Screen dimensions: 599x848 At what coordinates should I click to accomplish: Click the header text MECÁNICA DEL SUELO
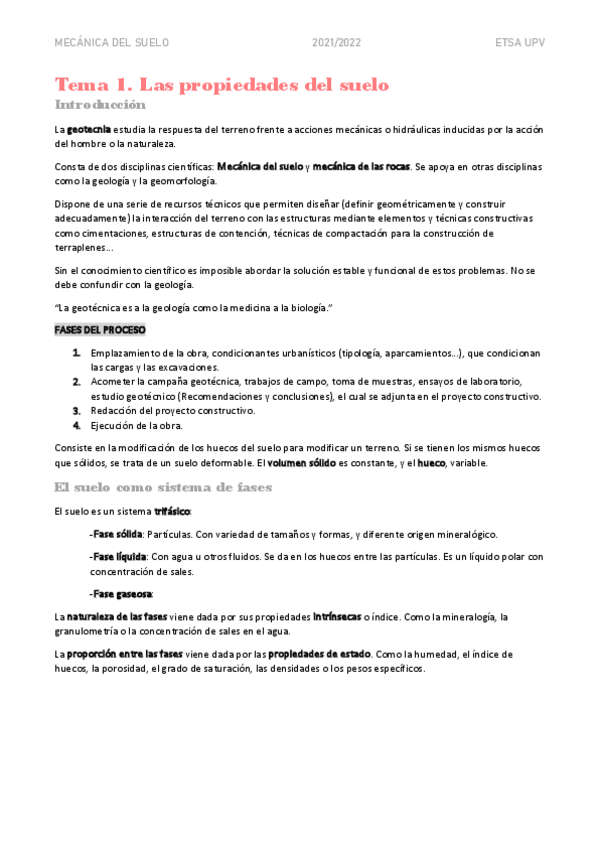point(111,43)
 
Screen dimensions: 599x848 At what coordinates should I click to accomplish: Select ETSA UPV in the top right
point(520,43)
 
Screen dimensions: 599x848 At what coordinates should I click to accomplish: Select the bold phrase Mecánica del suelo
point(260,165)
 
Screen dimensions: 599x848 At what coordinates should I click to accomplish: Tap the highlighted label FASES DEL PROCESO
point(100,330)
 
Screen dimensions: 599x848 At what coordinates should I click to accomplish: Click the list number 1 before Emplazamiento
point(77,353)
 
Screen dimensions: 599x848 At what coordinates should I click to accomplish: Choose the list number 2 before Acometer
point(77,382)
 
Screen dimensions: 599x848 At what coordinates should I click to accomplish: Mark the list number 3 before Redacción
point(77,411)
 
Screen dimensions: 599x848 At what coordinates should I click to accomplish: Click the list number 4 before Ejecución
point(77,426)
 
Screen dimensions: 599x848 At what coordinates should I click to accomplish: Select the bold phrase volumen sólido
point(300,464)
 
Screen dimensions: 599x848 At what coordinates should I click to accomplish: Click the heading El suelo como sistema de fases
point(164,488)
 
